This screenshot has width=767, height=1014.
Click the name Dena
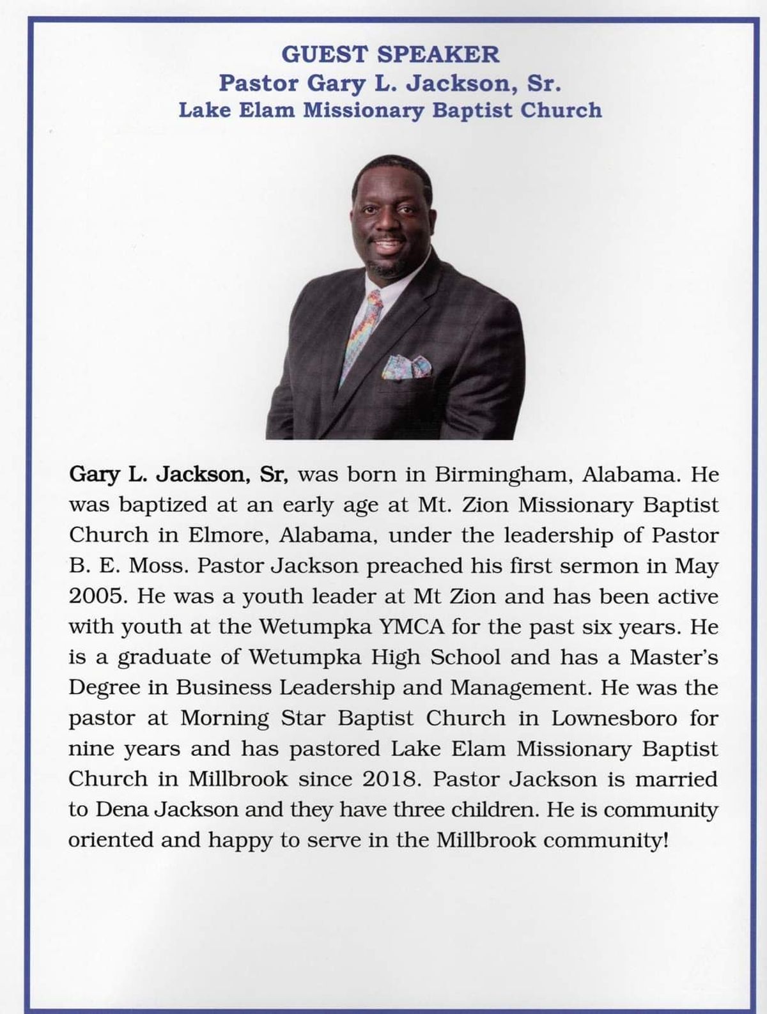click(x=123, y=809)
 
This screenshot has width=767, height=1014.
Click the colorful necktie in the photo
click(x=364, y=332)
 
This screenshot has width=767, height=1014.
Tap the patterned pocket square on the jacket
click(x=407, y=366)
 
